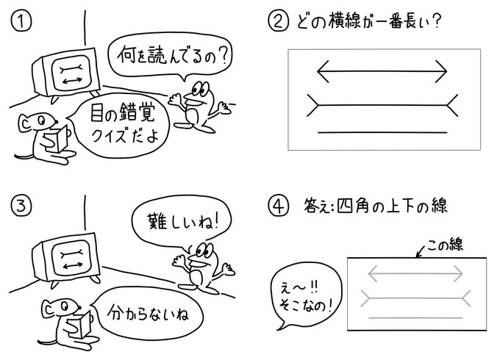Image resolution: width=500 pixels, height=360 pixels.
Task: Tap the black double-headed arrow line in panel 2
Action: (382, 71)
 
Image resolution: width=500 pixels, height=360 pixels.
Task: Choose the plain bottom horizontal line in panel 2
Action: (382, 132)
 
